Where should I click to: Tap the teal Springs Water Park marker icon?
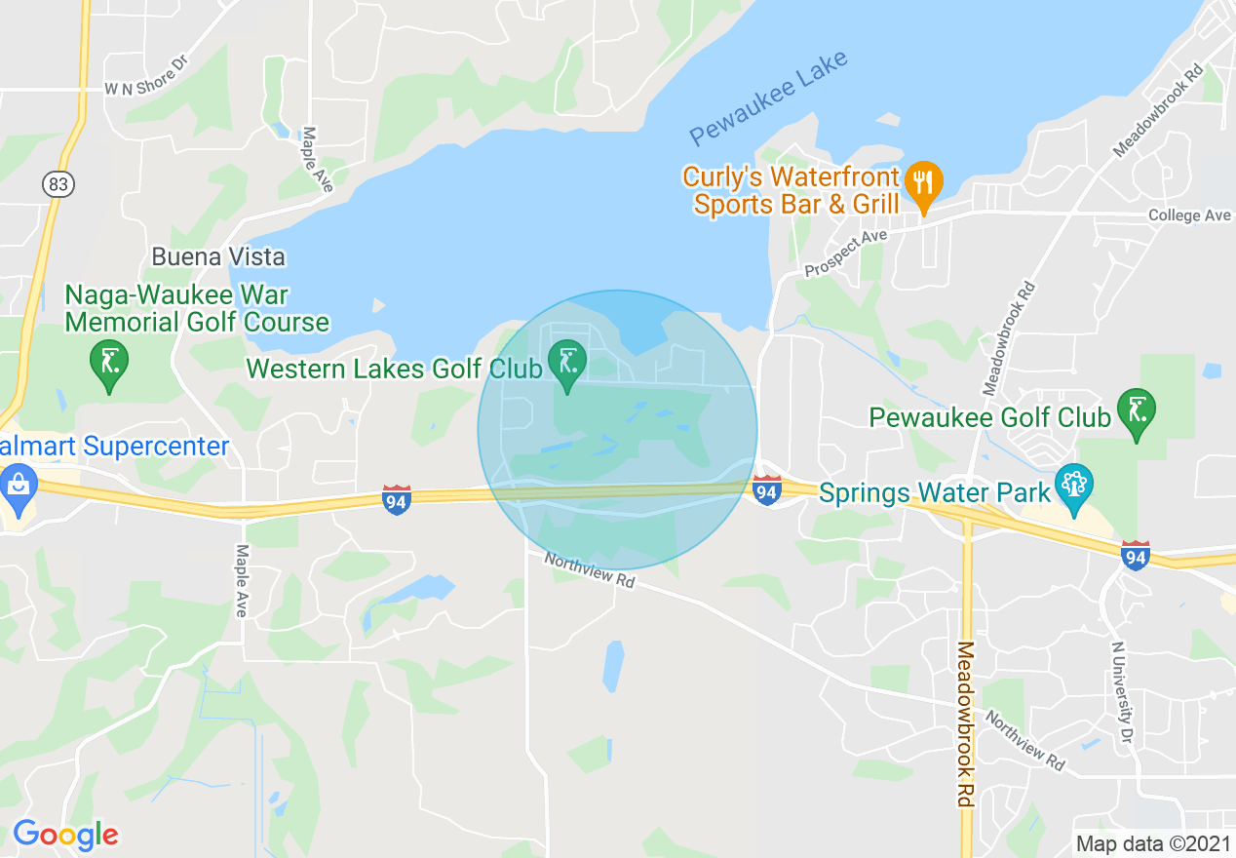[1074, 485]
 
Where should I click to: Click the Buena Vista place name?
[218, 257]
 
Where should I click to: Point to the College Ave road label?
[1189, 215]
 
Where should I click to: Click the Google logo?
[65, 835]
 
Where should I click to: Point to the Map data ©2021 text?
[1151, 842]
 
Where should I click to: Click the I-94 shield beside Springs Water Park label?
[767, 490]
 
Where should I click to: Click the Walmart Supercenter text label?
[114, 448]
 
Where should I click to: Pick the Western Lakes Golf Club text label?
[394, 370]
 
